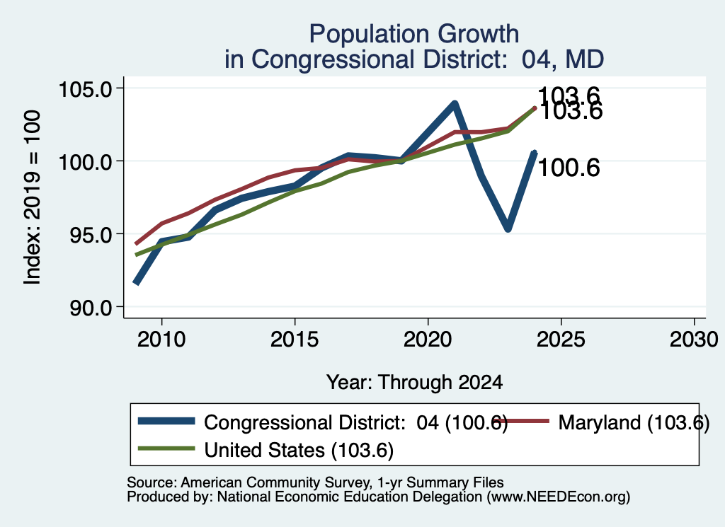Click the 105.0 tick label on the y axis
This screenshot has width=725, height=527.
coord(86,88)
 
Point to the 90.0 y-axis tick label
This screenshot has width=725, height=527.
coord(91,308)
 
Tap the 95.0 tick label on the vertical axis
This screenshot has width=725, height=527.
coord(91,235)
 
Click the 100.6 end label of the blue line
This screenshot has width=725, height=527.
coord(569,167)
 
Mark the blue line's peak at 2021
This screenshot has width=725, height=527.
coord(455,104)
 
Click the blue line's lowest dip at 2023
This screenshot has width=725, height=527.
coord(508,228)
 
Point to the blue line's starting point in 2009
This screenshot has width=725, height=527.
coord(135,283)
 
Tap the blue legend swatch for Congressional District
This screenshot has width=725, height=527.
coord(166,421)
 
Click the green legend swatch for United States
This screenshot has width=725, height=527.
coord(166,448)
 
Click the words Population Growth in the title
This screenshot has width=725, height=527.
coord(413,35)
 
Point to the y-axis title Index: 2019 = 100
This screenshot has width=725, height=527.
coord(33,197)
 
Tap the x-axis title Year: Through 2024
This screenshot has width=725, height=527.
coord(414,383)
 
